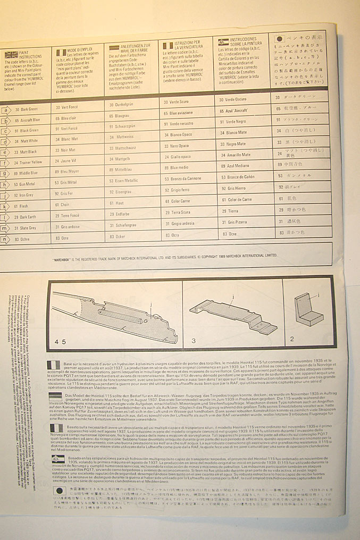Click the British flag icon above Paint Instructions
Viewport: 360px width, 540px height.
click(12, 55)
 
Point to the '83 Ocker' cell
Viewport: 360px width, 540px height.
click(118, 235)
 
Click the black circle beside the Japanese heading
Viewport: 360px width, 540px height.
click(280, 39)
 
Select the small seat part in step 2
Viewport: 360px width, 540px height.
click(309, 309)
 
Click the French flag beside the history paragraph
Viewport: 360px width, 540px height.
click(54, 365)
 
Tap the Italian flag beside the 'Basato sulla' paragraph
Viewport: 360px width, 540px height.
click(56, 428)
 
